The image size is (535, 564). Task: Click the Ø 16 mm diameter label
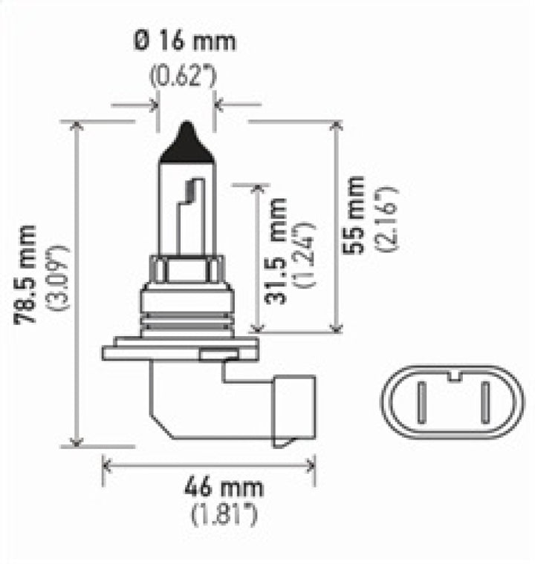coord(186,40)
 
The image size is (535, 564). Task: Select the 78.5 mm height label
coord(27,274)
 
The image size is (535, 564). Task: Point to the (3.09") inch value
coord(59,274)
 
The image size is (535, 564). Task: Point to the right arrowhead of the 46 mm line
coord(311,465)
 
